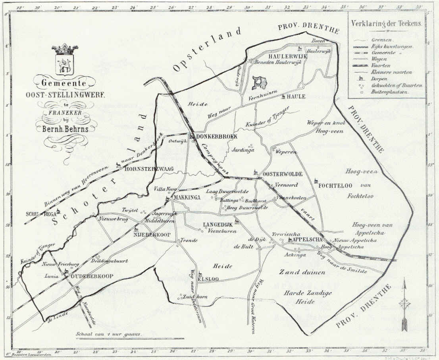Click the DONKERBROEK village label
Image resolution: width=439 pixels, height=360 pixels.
point(217,136)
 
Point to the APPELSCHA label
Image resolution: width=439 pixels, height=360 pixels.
point(307,240)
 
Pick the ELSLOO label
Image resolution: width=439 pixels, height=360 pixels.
point(211,279)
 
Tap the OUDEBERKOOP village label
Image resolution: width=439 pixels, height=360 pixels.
point(92,276)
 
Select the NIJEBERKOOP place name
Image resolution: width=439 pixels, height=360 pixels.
point(152,234)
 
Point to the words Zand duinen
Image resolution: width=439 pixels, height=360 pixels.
point(302,273)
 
